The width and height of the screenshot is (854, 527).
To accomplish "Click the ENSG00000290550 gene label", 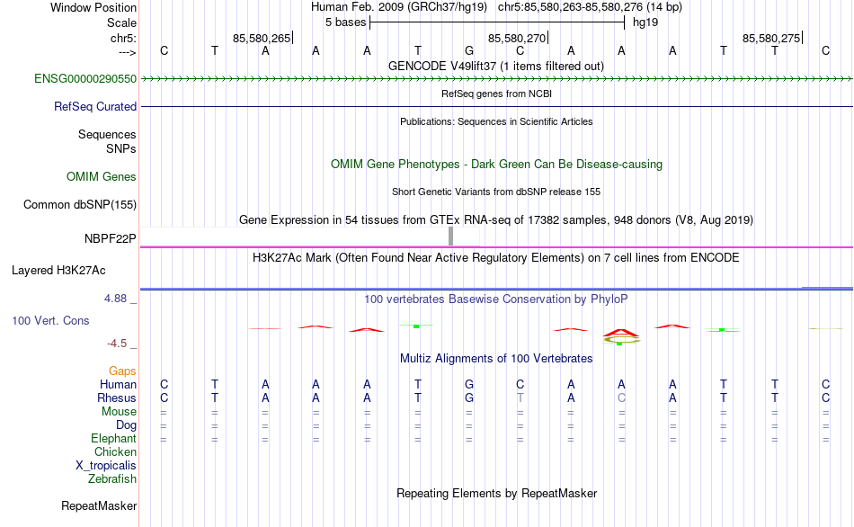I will click(x=85, y=79).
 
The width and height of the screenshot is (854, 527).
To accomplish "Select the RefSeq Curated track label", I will click(x=95, y=106).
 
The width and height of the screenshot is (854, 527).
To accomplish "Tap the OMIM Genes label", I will click(x=101, y=177).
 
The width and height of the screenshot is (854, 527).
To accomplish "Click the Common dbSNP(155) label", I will click(x=79, y=205).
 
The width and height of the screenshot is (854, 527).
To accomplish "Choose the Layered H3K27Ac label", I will click(x=58, y=270).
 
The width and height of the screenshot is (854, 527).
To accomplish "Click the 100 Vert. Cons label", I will click(x=50, y=320).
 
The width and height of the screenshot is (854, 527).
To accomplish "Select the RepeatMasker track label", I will click(x=98, y=506).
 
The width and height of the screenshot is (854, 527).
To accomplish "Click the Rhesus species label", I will click(x=117, y=397).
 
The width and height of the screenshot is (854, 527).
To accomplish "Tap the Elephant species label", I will click(x=113, y=438).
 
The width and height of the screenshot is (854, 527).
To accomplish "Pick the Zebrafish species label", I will click(x=112, y=478).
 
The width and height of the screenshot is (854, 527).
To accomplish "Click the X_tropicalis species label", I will click(x=106, y=465).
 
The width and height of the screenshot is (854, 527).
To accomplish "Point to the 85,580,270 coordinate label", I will click(x=516, y=38).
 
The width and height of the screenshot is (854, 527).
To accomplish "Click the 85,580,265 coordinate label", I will click(x=262, y=38).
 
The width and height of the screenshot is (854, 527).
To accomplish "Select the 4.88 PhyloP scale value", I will click(x=119, y=298).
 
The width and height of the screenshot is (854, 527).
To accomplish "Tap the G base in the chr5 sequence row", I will click(x=469, y=51).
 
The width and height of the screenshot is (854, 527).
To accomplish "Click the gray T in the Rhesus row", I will click(x=520, y=397).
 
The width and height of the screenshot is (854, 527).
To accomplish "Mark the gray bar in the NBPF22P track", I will click(x=450, y=236).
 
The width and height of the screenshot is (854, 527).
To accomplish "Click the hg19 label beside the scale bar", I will click(x=645, y=22).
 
